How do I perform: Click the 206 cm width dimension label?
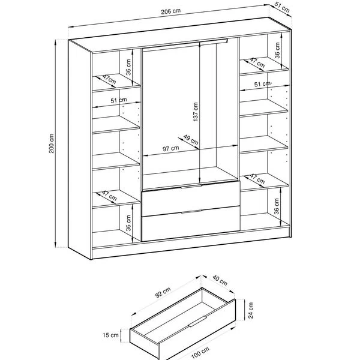[170, 11]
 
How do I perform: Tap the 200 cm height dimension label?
[52, 143]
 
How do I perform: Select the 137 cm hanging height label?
[196, 112]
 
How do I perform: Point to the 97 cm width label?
[170, 149]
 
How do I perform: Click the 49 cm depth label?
[191, 140]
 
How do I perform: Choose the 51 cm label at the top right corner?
[282, 8]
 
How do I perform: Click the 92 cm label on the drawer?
[163, 292]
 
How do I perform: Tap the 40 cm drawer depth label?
[220, 280]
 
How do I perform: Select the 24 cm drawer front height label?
[251, 310]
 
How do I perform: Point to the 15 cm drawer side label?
[110, 335]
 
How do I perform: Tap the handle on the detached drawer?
[197, 321]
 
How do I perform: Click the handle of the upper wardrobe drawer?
[191, 186]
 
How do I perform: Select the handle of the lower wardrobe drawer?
[191, 211]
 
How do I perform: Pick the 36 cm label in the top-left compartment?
[128, 67]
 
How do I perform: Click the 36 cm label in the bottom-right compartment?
[277, 206]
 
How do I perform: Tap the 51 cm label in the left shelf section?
[119, 100]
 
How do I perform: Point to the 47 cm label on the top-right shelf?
[257, 62]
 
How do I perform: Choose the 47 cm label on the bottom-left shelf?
[109, 196]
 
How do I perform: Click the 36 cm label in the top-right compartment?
[277, 50]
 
